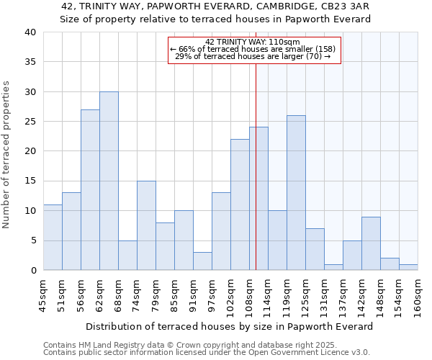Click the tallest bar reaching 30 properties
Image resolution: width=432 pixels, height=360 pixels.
(x=109, y=181)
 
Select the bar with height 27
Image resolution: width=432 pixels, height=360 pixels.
(x=90, y=190)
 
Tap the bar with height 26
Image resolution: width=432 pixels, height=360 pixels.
(x=296, y=193)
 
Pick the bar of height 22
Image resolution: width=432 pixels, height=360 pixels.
(x=240, y=204)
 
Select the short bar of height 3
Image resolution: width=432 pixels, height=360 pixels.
(x=202, y=261)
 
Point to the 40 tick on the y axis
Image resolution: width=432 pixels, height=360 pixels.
(x=30, y=32)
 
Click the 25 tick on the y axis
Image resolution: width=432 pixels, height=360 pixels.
(x=30, y=122)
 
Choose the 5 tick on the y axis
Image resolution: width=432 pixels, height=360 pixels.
(x=33, y=240)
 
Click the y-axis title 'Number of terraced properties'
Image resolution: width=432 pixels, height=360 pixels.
(x=7, y=154)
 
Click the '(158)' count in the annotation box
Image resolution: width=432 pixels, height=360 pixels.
(x=325, y=49)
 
